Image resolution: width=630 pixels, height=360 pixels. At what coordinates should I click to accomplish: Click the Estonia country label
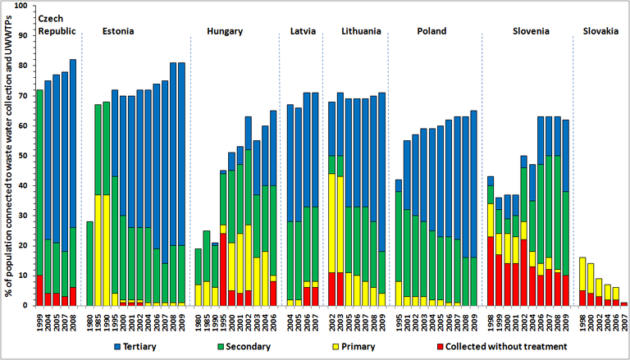[x=119, y=31]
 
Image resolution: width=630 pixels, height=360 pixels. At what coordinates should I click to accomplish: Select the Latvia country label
[x=303, y=31]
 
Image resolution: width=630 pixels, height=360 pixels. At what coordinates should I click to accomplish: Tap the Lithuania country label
[x=361, y=31]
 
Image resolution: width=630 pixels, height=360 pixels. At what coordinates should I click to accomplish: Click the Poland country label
[x=431, y=31]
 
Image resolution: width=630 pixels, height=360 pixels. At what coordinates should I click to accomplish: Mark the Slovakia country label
[x=600, y=31]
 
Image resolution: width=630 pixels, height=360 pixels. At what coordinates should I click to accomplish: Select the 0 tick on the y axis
[x=25, y=305]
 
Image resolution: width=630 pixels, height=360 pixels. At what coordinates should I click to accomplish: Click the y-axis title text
[x=8, y=156]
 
